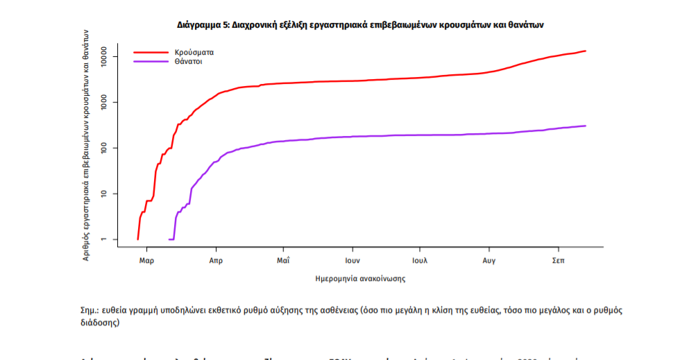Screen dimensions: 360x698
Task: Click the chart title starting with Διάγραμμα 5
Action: tap(360, 24)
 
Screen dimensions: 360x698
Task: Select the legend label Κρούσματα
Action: tap(195, 52)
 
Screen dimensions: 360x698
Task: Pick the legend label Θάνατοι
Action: tap(189, 62)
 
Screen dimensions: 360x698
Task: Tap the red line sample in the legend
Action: tap(151, 52)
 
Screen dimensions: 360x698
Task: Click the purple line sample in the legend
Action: tap(151, 62)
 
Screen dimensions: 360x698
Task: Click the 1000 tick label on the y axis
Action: tap(103, 103)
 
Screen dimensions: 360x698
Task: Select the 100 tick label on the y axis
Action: tap(103, 148)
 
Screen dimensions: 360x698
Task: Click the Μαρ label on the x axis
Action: tap(146, 261)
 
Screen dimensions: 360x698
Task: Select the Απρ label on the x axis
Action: tap(215, 261)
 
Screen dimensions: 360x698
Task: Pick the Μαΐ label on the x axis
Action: tap(282, 261)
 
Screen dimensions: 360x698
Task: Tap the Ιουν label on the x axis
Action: tap(352, 261)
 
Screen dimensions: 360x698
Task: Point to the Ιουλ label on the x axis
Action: tap(419, 261)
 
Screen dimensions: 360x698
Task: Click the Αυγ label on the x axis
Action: tap(488, 261)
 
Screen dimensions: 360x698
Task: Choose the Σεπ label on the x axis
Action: tap(557, 261)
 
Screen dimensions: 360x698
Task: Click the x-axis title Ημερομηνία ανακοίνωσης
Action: tap(360, 279)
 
